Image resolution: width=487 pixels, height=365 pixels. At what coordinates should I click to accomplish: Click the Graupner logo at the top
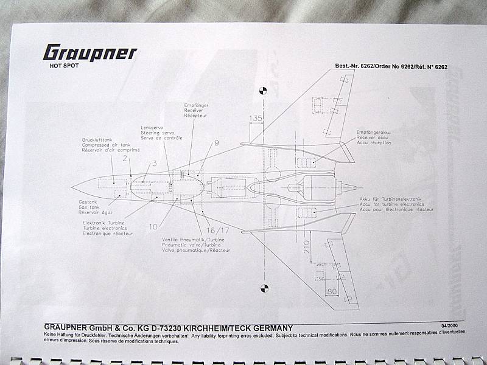click(x=89, y=53)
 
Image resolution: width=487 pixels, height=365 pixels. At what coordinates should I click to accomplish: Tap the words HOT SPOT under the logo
click(x=62, y=65)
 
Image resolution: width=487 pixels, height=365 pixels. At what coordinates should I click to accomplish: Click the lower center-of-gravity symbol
click(x=263, y=288)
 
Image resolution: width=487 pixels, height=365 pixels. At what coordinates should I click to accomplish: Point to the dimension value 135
click(x=256, y=119)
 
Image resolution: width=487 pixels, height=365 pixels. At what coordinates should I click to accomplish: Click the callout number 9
click(x=216, y=144)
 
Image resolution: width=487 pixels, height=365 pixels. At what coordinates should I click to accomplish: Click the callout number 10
click(x=153, y=226)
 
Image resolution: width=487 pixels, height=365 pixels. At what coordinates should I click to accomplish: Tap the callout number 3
click(x=154, y=163)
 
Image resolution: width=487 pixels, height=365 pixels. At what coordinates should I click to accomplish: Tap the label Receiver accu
click(x=374, y=137)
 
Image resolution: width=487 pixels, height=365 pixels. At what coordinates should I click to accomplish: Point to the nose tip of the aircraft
click(x=72, y=185)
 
